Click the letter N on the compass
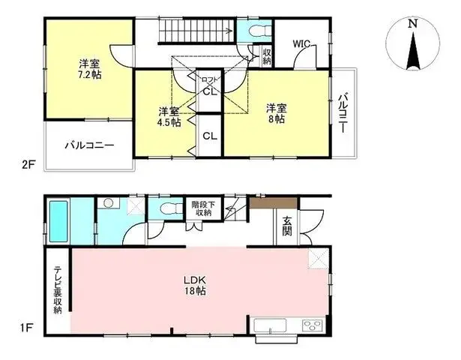tap(413, 23)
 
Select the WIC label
tap(301, 44)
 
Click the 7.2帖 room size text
tap(90, 75)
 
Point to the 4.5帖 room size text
tap(169, 122)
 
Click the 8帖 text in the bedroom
tap(277, 119)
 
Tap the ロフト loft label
tap(210, 79)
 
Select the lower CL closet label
tap(210, 136)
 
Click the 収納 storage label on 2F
tap(267, 57)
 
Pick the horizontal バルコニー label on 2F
tap(89, 145)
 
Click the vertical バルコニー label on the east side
tap(343, 113)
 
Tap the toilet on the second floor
tap(259, 31)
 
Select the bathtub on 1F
tap(58, 221)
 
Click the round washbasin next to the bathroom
tap(109, 202)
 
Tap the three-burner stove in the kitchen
tap(313, 326)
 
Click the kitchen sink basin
tap(270, 325)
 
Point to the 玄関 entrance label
tap(287, 226)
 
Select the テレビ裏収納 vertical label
tap(58, 290)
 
